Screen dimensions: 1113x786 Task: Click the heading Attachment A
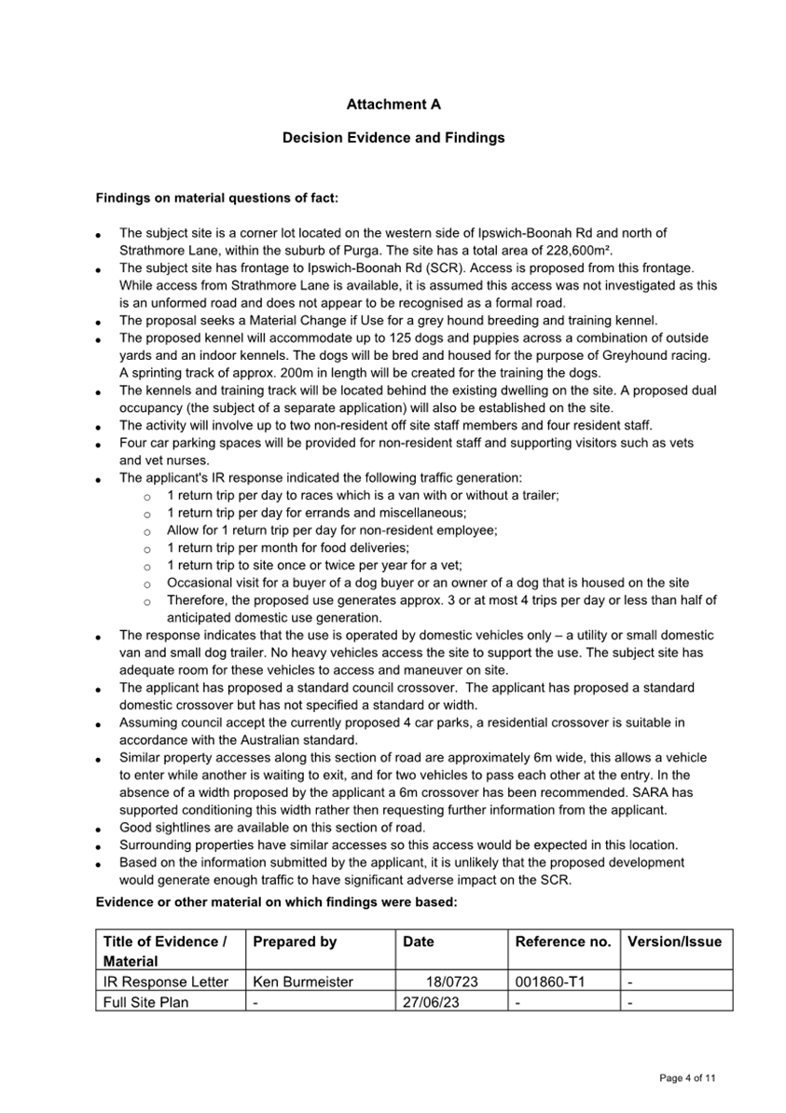393,104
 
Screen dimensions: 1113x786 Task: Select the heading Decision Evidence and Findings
393,138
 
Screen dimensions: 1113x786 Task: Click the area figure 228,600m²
575,250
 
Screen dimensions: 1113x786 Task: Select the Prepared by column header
295,941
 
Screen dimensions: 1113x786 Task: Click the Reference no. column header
563,941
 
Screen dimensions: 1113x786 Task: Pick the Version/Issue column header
674,941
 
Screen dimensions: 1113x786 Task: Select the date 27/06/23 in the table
430,1002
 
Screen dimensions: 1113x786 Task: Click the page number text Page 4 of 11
687,1079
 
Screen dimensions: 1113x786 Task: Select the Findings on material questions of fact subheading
216,199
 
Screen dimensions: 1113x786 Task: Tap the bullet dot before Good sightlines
99,829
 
